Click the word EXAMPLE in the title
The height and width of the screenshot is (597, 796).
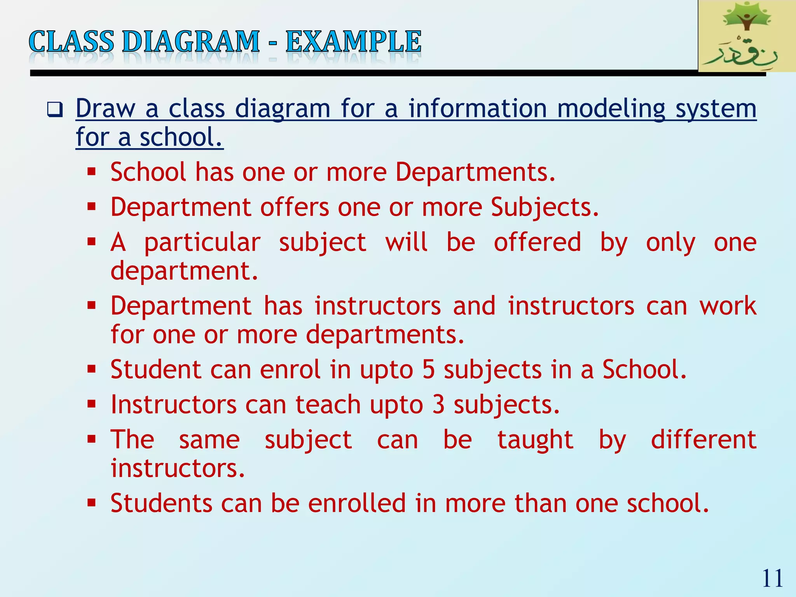(x=353, y=42)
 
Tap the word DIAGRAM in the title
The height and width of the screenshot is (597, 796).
(x=191, y=42)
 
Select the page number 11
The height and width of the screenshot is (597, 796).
(x=772, y=578)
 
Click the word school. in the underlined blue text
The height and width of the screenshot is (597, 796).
(x=181, y=137)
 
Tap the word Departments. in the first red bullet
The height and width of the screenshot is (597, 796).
(x=475, y=172)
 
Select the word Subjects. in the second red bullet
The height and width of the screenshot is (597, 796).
(x=545, y=207)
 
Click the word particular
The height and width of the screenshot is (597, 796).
(x=202, y=243)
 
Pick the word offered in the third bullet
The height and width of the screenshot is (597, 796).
(x=537, y=243)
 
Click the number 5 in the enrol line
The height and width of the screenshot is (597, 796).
(x=428, y=369)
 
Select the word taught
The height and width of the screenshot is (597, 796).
(x=535, y=440)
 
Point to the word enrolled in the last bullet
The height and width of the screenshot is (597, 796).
(x=357, y=503)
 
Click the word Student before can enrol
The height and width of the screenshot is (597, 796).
(x=155, y=369)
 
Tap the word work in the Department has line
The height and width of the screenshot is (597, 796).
(x=728, y=306)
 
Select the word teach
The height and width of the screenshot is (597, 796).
(x=328, y=405)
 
